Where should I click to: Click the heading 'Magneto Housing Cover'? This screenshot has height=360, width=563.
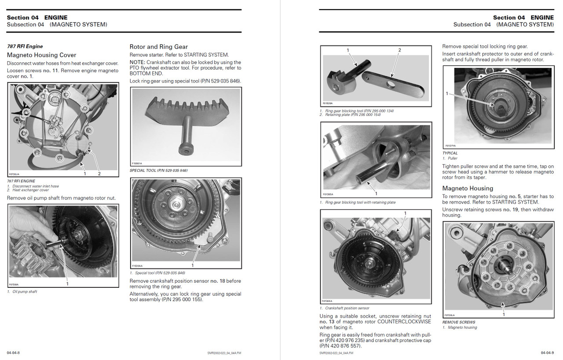[x=41, y=55]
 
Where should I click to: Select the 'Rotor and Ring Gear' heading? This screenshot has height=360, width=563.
[x=158, y=47]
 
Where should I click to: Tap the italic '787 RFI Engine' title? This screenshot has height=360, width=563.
[x=25, y=46]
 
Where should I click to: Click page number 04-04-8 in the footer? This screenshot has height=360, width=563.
[x=13, y=353]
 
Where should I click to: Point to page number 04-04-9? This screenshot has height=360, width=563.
[x=547, y=353]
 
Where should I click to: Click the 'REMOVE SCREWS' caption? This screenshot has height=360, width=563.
[x=459, y=322]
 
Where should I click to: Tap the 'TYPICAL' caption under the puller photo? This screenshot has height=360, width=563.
[x=450, y=153]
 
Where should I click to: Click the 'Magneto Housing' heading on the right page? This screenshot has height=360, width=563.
[x=468, y=188]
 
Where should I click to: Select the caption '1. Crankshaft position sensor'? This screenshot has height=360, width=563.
[x=344, y=308]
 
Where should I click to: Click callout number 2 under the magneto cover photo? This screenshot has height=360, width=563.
[x=99, y=173]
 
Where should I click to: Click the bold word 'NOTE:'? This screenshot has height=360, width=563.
[x=139, y=62]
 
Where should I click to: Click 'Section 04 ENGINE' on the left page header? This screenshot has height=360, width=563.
[x=37, y=18]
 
